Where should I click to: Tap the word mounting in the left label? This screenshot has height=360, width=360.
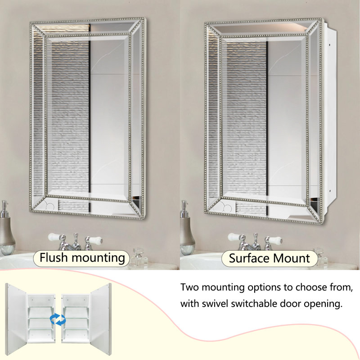(99, 258)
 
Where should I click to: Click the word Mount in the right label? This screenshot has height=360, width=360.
(292, 258)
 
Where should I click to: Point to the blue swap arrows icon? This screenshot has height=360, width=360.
(58, 319)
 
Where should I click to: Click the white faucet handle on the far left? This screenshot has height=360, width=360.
(54, 237)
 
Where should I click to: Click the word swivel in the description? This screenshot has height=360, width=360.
(216, 304)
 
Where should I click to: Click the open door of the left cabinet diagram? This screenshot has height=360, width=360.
(16, 319)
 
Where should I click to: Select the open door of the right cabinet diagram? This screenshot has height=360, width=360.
(100, 319)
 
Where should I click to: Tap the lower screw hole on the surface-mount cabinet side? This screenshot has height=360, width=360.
(329, 190)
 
